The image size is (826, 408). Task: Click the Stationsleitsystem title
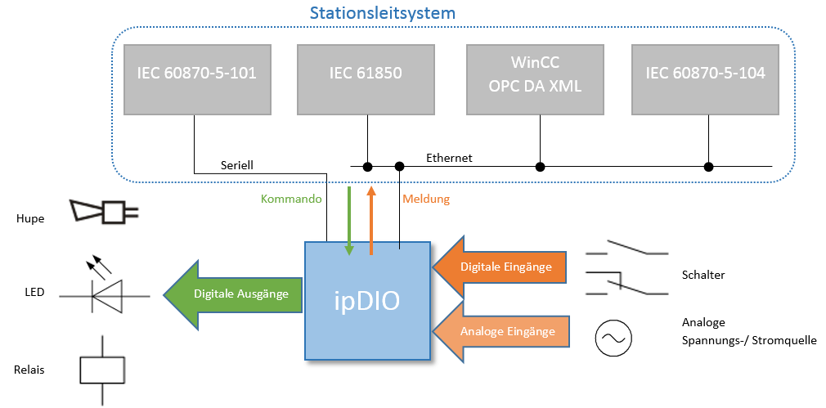(x=383, y=12)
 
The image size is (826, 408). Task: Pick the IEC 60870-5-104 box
(x=705, y=79)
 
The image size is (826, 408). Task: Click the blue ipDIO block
(x=368, y=301)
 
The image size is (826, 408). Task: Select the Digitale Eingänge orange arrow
(x=499, y=267)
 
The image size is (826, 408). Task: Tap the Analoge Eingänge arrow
(x=501, y=332)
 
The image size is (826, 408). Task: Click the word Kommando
(x=291, y=200)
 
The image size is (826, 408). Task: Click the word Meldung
(x=426, y=200)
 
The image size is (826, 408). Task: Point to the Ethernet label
(x=449, y=158)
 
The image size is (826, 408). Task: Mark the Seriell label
(x=237, y=165)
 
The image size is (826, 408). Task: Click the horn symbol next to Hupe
(x=105, y=212)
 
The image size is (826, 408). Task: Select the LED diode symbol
(x=105, y=289)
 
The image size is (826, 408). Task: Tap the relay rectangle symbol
(x=102, y=370)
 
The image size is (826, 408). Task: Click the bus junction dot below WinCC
(x=540, y=167)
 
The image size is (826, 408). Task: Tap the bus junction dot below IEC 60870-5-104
(x=709, y=167)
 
